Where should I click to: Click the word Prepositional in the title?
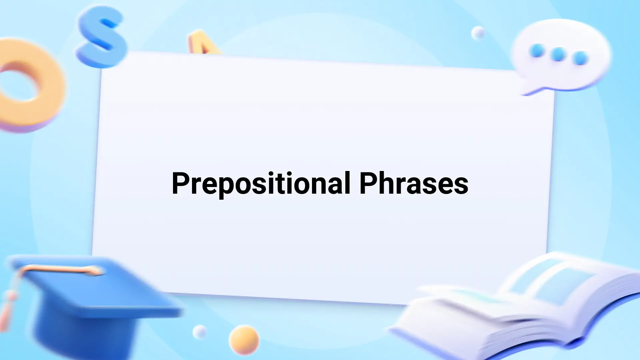(261, 184)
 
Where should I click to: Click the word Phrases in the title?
(414, 183)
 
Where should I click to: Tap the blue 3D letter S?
(102, 37)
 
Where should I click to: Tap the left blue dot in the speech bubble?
(537, 51)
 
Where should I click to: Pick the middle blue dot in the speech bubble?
(558, 54)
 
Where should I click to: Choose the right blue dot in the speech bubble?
(580, 58)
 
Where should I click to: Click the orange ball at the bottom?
(244, 340)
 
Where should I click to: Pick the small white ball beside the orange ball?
(200, 332)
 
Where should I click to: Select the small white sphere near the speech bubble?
(478, 33)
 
